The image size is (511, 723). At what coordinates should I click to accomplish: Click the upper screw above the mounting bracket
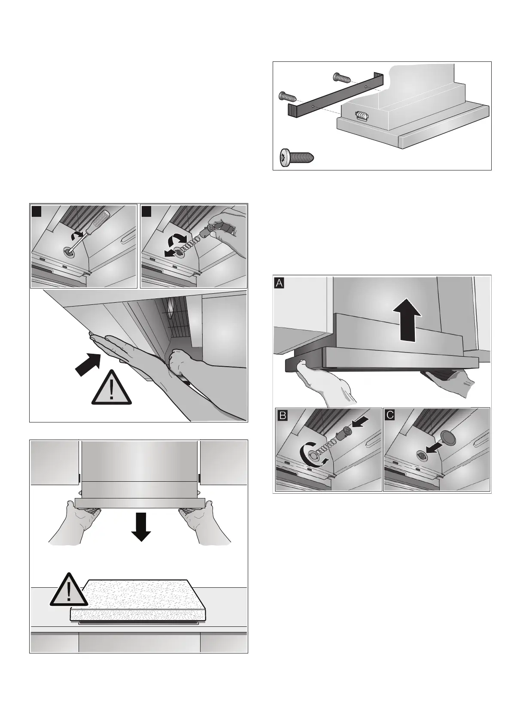point(341,77)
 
